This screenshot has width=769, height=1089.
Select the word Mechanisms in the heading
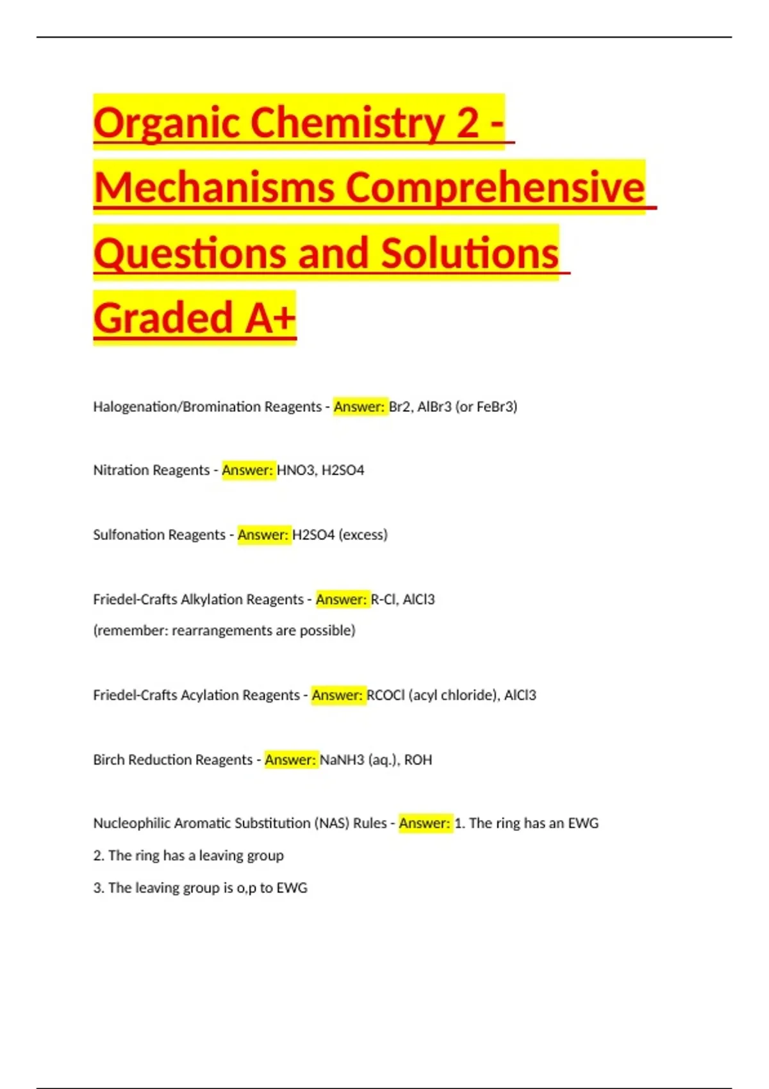[215, 187]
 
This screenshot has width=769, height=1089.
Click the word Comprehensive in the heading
[495, 187]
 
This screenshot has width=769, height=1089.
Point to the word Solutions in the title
[470, 253]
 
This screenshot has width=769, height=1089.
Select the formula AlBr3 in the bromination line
[434, 407]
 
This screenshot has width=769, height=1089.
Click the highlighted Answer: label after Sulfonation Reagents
[263, 535]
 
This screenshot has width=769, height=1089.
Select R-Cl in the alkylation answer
[383, 600]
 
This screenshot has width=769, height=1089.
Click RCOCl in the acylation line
[386, 695]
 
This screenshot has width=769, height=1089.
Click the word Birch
[109, 760]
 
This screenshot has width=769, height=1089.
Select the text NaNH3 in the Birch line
[342, 760]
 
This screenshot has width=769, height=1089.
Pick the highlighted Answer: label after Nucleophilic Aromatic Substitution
[425, 823]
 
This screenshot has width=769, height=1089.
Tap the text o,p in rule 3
[246, 888]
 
